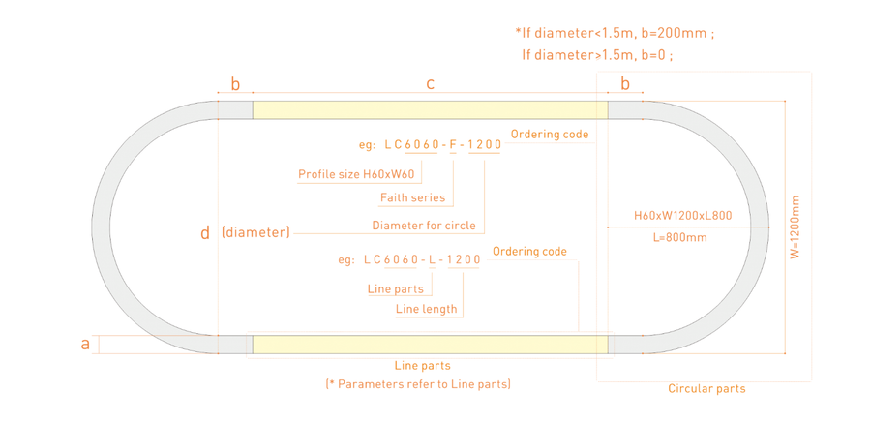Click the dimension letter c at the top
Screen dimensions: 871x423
430,84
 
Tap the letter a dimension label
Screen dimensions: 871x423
85,345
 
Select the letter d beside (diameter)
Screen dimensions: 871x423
205,233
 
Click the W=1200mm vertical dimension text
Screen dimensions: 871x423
796,227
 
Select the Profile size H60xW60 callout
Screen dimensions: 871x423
359,174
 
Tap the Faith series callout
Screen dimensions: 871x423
412,197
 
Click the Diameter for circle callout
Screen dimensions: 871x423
424,226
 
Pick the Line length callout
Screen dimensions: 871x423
427,309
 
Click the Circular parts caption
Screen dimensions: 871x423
706,388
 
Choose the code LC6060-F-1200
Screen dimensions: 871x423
443,145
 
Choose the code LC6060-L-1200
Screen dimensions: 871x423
422,259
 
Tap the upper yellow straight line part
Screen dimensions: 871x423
430,110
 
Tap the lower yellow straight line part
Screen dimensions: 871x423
430,345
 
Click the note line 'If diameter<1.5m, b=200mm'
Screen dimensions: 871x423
615,33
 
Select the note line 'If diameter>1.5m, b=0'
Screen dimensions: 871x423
598,55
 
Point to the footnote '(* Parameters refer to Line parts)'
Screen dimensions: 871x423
418,384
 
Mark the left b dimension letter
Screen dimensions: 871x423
235,84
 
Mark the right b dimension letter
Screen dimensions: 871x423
625,84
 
